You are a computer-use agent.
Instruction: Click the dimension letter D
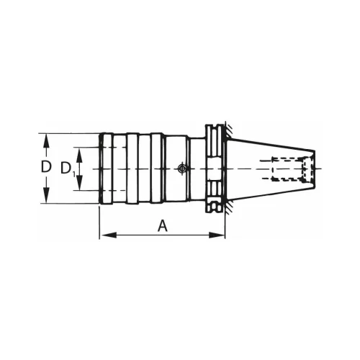(x=46, y=167)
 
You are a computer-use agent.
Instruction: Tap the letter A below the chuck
(x=163, y=225)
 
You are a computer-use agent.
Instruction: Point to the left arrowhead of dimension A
(x=102, y=235)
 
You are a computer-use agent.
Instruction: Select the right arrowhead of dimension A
(x=221, y=235)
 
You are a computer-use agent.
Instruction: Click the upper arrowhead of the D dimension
(x=47, y=138)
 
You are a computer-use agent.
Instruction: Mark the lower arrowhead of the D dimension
(x=47, y=199)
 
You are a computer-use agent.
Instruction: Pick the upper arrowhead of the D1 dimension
(x=81, y=150)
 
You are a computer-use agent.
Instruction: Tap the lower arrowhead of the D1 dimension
(x=81, y=187)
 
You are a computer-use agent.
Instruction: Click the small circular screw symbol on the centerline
(x=181, y=168)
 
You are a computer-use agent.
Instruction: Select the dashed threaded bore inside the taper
(x=292, y=168)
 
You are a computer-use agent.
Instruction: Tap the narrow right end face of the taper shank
(x=314, y=168)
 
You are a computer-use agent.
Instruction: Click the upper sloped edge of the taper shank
(x=270, y=145)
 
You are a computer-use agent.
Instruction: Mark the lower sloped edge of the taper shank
(x=270, y=192)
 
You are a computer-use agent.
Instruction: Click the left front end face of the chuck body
(x=99, y=168)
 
